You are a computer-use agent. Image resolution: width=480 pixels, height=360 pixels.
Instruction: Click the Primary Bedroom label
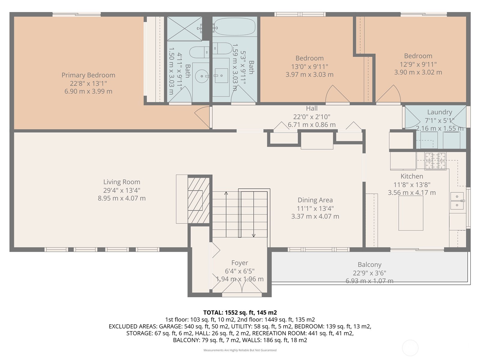[88, 75]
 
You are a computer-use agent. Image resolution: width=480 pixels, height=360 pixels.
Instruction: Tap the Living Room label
[122, 182]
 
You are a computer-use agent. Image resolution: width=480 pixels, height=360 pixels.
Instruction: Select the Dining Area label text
[315, 200]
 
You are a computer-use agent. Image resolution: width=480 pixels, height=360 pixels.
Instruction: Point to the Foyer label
[240, 263]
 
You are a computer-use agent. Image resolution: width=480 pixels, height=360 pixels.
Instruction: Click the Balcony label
[370, 265]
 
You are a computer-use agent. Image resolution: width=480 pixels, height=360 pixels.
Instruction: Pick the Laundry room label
[440, 112]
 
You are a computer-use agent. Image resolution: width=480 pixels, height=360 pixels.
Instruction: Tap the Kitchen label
[412, 176]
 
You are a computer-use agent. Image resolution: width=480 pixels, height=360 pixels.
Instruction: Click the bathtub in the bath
[234, 27]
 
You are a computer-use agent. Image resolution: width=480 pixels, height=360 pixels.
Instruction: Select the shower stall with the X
[184, 28]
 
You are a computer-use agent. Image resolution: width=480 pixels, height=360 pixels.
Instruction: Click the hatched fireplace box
[199, 200]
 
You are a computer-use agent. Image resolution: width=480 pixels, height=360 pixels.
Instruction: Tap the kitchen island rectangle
[411, 213]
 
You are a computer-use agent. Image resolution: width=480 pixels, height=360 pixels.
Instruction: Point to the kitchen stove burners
[435, 161]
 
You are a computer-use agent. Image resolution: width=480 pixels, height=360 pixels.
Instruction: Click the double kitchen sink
[457, 201]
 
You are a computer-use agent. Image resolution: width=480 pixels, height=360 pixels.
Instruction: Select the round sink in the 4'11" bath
[202, 76]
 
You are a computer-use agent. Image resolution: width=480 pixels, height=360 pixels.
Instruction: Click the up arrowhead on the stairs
[226, 193]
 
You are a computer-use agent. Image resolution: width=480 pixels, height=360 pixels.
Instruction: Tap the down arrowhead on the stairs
[254, 235]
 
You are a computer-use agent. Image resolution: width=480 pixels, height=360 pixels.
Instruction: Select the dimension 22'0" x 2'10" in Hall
[312, 117]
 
